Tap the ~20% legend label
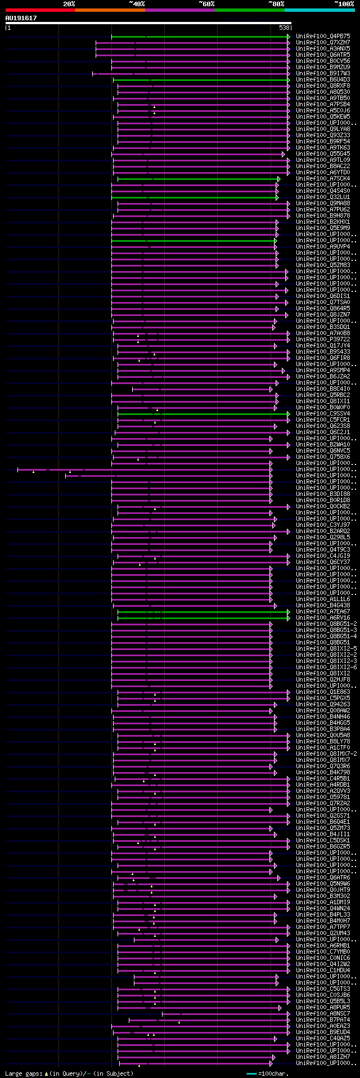point(69,4)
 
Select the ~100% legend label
point(344,4)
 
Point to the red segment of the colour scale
point(40,10)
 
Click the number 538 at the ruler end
point(284,28)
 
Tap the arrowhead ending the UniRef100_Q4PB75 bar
point(289,36)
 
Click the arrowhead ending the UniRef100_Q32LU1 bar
point(277,197)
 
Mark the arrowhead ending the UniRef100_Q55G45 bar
point(283,154)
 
